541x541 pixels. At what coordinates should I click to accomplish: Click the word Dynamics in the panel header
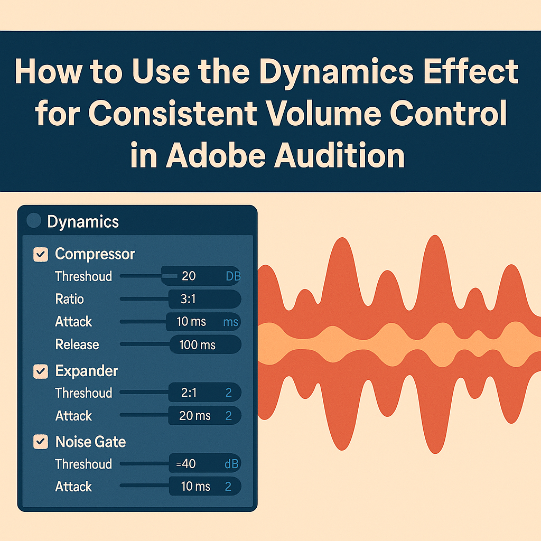[83, 221]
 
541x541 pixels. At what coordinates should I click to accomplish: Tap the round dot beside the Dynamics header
[34, 221]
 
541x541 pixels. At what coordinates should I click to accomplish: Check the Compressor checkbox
[41, 255]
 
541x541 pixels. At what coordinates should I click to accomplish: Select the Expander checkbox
[41, 371]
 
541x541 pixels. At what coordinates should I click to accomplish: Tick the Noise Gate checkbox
[41, 442]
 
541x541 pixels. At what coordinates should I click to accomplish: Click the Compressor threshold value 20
[189, 276]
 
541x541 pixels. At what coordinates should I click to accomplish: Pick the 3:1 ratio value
[188, 299]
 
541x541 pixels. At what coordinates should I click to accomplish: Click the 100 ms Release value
[197, 345]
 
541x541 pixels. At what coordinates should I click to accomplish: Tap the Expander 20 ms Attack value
[194, 416]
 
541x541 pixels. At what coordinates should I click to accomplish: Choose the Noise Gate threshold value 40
[186, 464]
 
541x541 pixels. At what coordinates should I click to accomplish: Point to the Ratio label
[69, 299]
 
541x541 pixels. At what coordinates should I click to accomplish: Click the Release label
[77, 345]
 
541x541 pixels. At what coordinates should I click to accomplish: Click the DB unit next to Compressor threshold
[233, 276]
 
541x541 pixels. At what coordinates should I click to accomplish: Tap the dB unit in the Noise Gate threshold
[231, 464]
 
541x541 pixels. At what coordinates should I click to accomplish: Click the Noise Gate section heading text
[91, 442]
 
